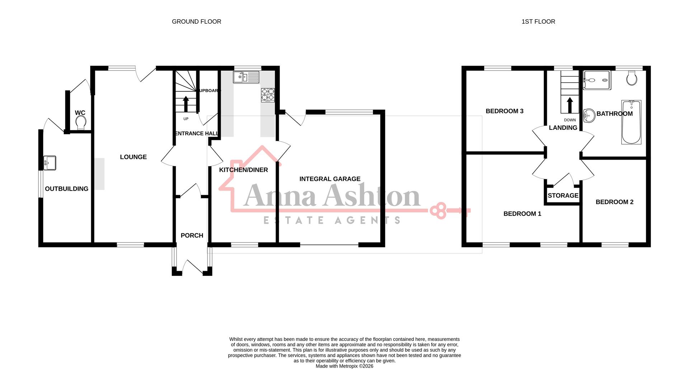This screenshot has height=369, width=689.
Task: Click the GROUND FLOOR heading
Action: click(x=196, y=22)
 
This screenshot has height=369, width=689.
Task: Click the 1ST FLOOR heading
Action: click(x=538, y=22)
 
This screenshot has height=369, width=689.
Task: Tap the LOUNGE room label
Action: click(x=133, y=157)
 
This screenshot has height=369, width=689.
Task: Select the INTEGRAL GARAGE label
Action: click(x=330, y=179)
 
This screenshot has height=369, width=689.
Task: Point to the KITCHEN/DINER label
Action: click(x=243, y=170)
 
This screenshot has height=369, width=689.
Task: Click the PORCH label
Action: click(x=192, y=236)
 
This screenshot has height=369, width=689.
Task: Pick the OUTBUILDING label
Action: click(x=66, y=189)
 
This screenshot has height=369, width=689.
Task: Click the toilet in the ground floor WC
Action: click(x=81, y=123)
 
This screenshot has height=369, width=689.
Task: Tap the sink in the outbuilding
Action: click(x=50, y=163)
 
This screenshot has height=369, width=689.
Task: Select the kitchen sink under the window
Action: click(x=246, y=77)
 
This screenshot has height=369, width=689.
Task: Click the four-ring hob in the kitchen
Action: click(x=268, y=95)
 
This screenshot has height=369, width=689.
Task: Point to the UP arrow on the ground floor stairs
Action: click(x=186, y=104)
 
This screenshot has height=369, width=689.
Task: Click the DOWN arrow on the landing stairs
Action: click(x=570, y=106)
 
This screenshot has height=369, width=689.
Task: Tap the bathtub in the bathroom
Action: click(x=631, y=122)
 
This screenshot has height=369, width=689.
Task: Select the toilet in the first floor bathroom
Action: click(x=632, y=78)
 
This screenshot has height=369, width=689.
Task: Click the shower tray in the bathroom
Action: click(x=596, y=80)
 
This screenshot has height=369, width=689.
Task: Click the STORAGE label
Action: click(x=563, y=196)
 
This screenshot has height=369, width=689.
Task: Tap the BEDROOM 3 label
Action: click(x=504, y=111)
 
